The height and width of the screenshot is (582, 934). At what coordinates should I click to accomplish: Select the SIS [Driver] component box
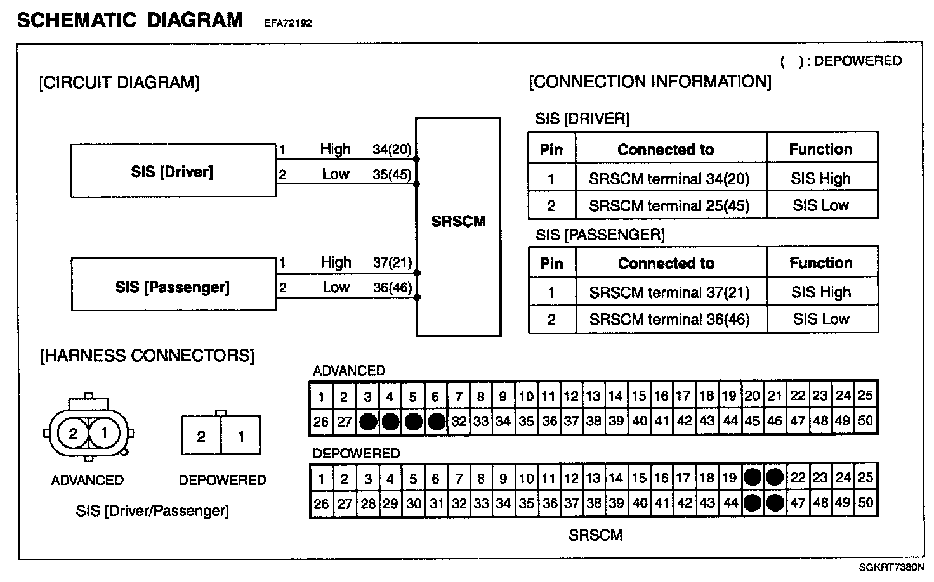pyautogui.click(x=173, y=171)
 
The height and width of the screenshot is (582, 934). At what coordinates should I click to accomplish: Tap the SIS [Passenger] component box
pyautogui.click(x=173, y=287)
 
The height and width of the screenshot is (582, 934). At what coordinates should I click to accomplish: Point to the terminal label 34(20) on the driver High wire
pyautogui.click(x=391, y=150)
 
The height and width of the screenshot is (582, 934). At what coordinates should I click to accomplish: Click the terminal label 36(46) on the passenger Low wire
pyautogui.click(x=392, y=287)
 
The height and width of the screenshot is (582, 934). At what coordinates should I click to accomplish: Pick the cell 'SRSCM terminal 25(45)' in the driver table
pyautogui.click(x=669, y=205)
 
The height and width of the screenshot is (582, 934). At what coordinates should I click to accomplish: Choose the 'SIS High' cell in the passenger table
pyautogui.click(x=820, y=292)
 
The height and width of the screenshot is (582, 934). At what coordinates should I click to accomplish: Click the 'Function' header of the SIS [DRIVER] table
pyautogui.click(x=820, y=149)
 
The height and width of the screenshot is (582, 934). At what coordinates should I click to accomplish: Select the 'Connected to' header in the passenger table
pyautogui.click(x=666, y=263)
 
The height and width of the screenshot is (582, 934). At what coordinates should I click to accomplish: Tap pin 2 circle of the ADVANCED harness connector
pyautogui.click(x=73, y=434)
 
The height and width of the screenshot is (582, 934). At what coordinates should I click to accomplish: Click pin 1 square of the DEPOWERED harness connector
pyautogui.click(x=240, y=436)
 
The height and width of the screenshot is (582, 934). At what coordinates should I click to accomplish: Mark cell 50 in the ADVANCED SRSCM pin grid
pyautogui.click(x=865, y=420)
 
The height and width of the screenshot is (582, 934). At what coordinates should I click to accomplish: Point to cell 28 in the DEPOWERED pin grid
pyautogui.click(x=367, y=503)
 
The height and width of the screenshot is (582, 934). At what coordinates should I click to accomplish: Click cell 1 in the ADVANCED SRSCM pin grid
pyautogui.click(x=322, y=397)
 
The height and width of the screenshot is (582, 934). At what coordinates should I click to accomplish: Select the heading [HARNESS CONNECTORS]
pyautogui.click(x=147, y=355)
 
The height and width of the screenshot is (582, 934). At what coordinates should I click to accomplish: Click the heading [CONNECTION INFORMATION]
pyautogui.click(x=650, y=82)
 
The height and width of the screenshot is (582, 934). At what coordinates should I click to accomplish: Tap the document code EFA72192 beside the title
pyautogui.click(x=287, y=24)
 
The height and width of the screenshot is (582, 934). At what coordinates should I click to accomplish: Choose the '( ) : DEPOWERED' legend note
pyautogui.click(x=841, y=61)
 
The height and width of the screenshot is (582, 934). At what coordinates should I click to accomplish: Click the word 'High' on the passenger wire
pyautogui.click(x=336, y=262)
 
